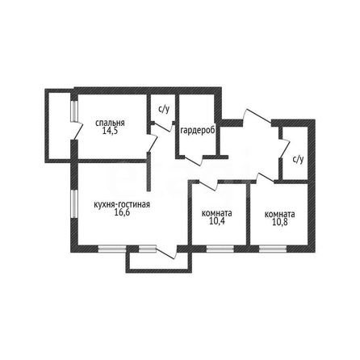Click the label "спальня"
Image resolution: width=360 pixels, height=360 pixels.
click(x=110, y=123)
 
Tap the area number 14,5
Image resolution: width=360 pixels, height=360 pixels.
click(x=110, y=131)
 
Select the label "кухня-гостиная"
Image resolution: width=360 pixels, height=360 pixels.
click(x=122, y=205)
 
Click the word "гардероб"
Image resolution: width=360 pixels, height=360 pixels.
click(x=198, y=131)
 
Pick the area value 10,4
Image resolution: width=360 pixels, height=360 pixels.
click(x=216, y=221)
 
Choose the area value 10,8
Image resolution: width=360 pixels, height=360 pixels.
click(x=280, y=222)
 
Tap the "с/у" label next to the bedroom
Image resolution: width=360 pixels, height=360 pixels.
click(x=164, y=109)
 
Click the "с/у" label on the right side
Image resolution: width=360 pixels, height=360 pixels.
click(x=298, y=160)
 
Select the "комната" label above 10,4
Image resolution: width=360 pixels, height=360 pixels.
click(x=217, y=214)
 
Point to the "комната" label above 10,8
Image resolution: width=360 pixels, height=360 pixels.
click(x=280, y=215)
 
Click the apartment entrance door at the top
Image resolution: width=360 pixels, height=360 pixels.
click(x=257, y=117)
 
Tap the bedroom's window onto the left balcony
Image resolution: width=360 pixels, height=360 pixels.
click(x=74, y=111)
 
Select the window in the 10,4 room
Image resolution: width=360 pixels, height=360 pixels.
click(x=220, y=249)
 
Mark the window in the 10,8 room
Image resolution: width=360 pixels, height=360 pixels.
click(x=273, y=249)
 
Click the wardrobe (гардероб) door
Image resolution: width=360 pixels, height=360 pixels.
click(x=191, y=160)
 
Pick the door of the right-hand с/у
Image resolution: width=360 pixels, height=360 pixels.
click(x=284, y=148)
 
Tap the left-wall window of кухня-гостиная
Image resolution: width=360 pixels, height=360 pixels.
click(x=74, y=203)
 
